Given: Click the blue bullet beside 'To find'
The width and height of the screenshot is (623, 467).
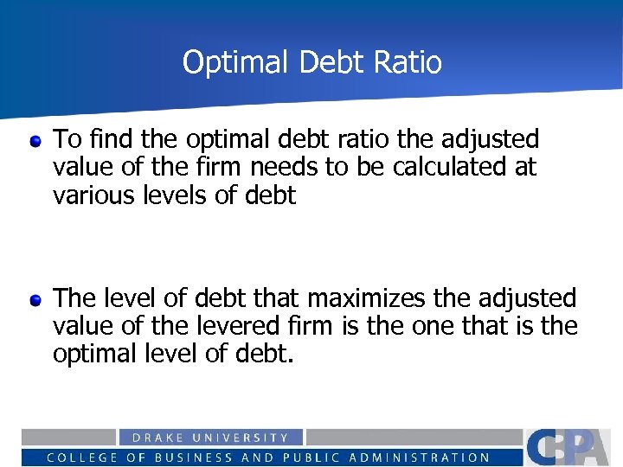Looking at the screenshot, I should pos(35,140).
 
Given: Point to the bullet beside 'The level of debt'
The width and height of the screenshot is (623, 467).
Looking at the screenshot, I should pos(35,300).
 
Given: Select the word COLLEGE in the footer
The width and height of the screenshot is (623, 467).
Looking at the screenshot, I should pos(81,457).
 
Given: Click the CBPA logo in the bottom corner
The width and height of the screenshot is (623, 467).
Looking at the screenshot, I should pos(572,446).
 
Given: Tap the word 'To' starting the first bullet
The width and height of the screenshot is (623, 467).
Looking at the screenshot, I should pos(65,138).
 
